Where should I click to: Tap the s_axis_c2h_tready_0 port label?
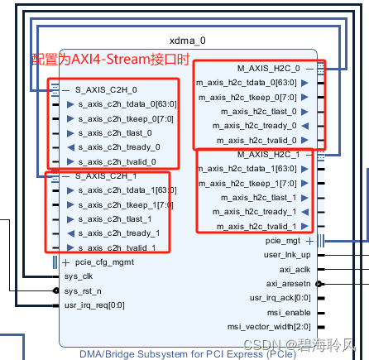tap(119, 146)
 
